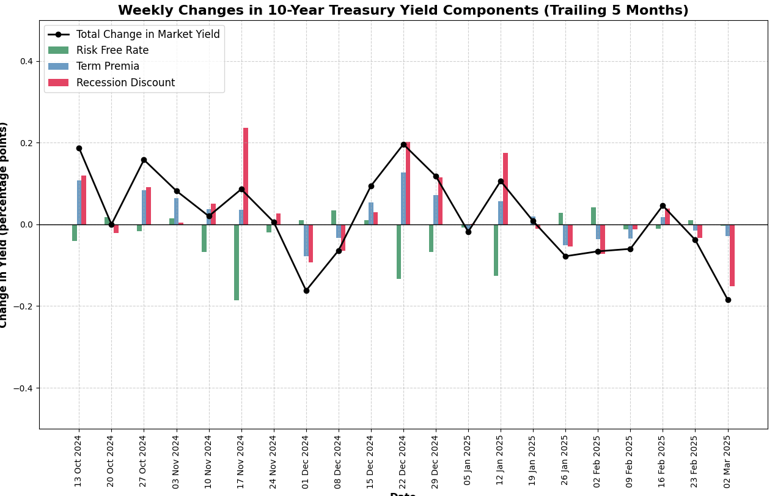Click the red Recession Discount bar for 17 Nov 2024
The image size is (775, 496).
[246, 176]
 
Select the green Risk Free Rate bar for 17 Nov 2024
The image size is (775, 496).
[237, 262]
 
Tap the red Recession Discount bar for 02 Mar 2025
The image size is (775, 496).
[732, 255]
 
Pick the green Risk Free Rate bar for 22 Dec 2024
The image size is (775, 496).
[399, 251]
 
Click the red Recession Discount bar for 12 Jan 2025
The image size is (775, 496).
[505, 188]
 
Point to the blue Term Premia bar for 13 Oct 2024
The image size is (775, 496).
[79, 202]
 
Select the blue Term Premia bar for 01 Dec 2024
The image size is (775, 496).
[306, 240]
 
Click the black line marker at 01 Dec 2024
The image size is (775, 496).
[306, 291]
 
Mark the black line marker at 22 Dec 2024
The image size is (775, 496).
[403, 144]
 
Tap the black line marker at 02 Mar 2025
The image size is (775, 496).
[728, 300]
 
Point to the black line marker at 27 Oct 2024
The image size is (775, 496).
[144, 160]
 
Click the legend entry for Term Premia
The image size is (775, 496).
[108, 67]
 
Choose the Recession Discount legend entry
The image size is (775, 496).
[125, 83]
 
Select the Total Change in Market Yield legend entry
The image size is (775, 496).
[147, 34]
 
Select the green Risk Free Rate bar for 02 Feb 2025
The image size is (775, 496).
[593, 216]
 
